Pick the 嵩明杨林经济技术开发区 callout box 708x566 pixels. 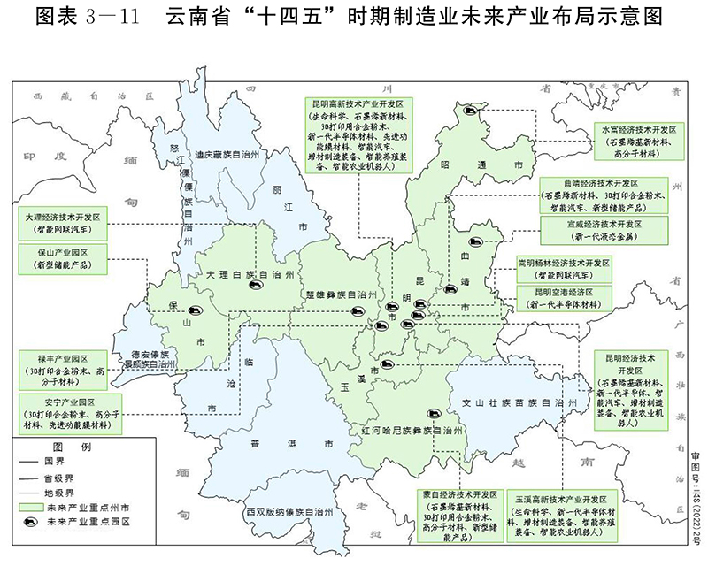click(564, 269)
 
